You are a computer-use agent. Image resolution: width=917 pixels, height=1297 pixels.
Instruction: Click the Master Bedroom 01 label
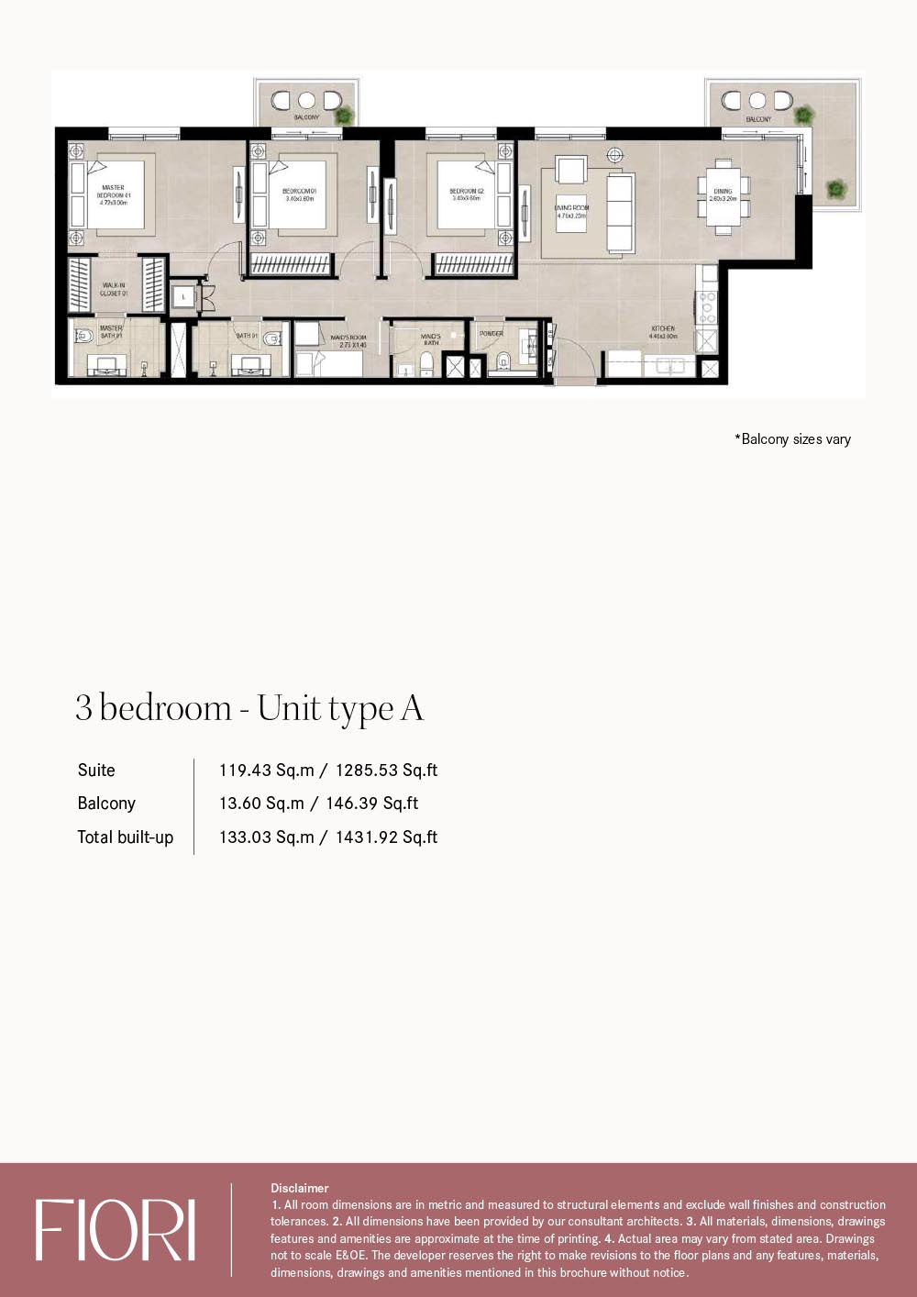point(114,194)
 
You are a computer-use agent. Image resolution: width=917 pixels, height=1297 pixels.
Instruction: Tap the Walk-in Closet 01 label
point(114,289)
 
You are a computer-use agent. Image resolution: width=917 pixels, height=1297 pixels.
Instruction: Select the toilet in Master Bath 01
point(84,336)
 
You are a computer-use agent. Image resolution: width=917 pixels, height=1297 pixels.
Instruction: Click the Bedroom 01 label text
point(299,194)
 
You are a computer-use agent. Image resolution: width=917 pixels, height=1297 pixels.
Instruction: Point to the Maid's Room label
point(348,341)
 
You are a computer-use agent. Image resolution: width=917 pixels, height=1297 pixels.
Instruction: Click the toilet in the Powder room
point(503,362)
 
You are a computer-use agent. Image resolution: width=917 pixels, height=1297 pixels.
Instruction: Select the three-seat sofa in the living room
point(621,214)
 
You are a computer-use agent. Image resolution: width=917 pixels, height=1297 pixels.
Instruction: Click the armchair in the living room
point(570,171)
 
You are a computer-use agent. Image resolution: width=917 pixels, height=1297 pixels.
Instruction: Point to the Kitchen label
point(663,332)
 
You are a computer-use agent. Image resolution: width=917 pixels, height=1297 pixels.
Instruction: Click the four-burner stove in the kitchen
point(707,308)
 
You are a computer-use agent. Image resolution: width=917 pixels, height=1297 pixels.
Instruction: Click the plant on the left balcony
point(344,116)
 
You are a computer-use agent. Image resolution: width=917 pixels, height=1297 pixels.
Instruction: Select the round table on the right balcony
point(757,100)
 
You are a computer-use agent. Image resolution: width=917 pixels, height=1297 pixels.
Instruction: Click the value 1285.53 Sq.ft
point(386,770)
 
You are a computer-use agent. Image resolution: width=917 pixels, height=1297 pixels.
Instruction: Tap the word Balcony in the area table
point(106,804)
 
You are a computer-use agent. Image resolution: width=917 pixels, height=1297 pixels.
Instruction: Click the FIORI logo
point(116,1230)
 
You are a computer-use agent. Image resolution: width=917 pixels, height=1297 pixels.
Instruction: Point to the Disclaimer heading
point(299,1188)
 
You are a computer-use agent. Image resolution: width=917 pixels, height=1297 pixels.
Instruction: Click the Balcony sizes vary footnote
point(792,439)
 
